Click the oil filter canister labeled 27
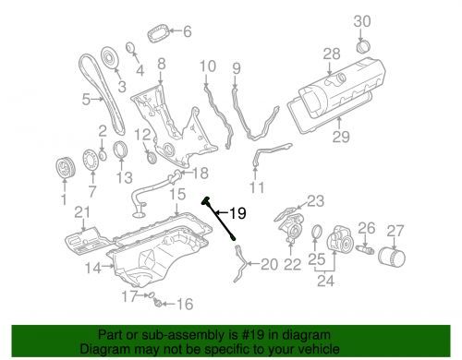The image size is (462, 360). pos(391,256)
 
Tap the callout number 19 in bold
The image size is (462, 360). pos(237,213)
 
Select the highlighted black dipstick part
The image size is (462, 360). pos(218,218)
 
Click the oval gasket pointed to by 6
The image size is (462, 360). pos(158,34)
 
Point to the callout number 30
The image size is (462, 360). pos(362,21)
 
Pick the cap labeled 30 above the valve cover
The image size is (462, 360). pos(363,46)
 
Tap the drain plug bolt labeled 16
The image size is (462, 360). pos(158,303)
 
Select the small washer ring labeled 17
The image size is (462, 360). pos(151,294)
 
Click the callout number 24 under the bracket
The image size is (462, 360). pos(325,281)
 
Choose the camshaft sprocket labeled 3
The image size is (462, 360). pos(109,57)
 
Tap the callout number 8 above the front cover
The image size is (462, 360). pos(162,64)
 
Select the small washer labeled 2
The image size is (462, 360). pos(103,155)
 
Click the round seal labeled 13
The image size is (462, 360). pos(119,150)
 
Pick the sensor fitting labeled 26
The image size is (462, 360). pos(365,248)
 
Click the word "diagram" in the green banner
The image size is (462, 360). pos(309,335)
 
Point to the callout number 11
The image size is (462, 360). pos(257,187)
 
